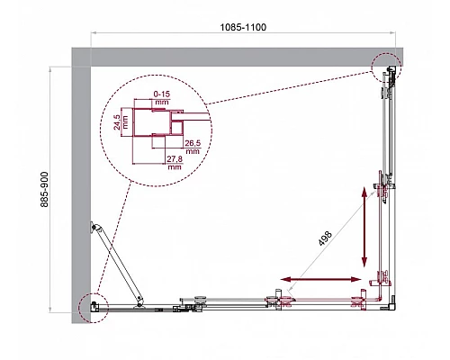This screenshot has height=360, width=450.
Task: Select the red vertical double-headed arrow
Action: [365, 228]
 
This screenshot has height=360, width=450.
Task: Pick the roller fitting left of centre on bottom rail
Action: [193, 301]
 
